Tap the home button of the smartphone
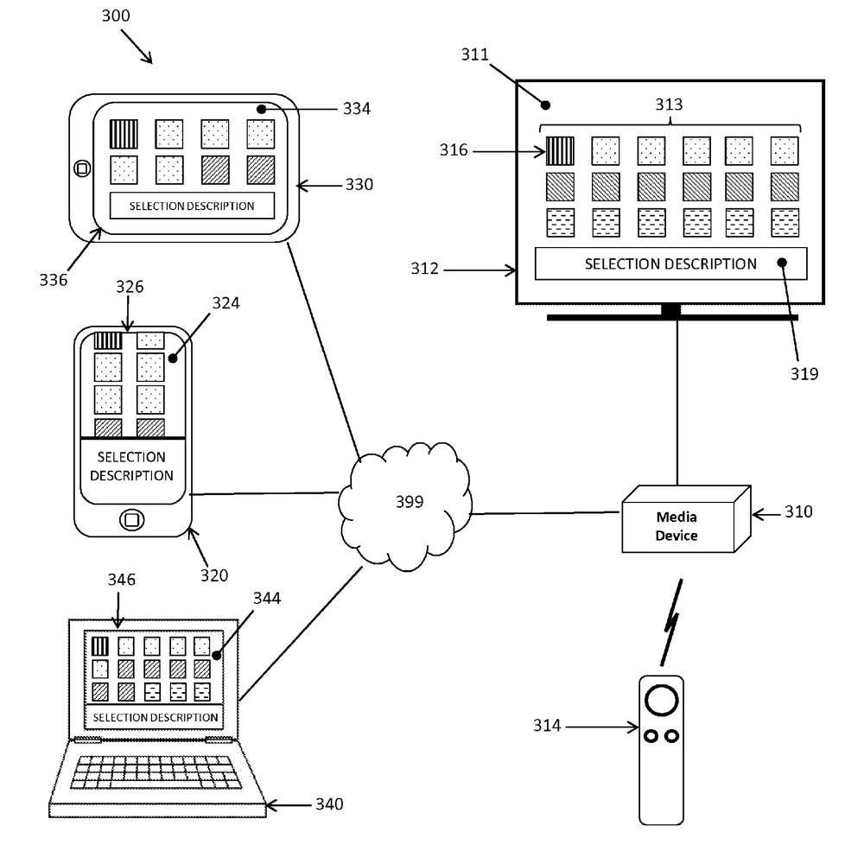click(x=131, y=519)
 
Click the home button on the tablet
click(x=82, y=168)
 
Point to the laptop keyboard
click(x=156, y=771)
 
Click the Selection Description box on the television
click(x=670, y=264)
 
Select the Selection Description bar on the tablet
click(x=192, y=206)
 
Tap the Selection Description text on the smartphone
click(x=131, y=466)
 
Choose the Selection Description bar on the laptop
click(x=155, y=717)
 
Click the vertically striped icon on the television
click(x=559, y=151)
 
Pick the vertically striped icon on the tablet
click(x=124, y=133)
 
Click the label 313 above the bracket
click(x=668, y=105)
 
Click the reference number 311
click(x=474, y=54)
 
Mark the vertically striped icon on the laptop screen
click(x=99, y=645)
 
